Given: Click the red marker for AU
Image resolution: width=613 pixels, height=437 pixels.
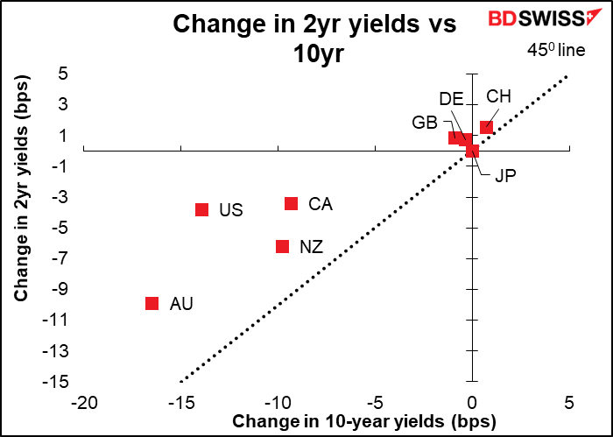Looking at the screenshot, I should click(151, 303).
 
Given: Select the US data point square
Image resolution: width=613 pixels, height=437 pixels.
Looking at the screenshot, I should click(201, 209).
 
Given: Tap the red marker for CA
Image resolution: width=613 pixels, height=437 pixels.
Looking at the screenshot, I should click(292, 203).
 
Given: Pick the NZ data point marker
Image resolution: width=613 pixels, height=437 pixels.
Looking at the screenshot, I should click(282, 247).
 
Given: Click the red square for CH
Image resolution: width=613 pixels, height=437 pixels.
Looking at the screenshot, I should click(487, 127).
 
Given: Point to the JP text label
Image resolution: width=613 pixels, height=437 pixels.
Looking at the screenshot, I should click(505, 175).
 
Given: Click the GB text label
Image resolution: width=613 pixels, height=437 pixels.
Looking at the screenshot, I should click(425, 122).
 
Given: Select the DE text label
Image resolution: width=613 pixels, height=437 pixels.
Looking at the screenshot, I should click(451, 98).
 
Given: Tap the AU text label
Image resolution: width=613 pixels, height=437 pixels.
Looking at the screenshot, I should click(181, 304).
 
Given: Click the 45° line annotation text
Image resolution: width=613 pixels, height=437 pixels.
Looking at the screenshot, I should click(556, 50).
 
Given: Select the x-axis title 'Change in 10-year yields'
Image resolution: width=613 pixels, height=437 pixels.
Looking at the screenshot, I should click(364, 422).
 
